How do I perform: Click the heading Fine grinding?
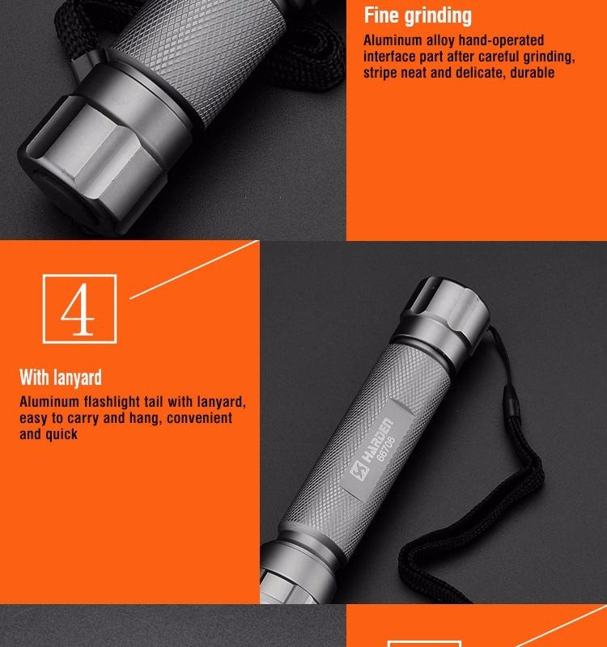pyautogui.click(x=418, y=16)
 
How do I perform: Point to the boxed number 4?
pyautogui.click(x=79, y=309)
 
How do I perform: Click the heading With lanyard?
pyautogui.click(x=61, y=377)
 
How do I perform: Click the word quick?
pyautogui.click(x=62, y=434)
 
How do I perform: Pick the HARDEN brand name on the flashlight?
pyautogui.click(x=376, y=439)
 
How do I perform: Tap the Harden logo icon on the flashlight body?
pyautogui.click(x=359, y=471)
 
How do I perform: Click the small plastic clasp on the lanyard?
pyautogui.click(x=510, y=402)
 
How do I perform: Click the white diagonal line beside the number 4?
pyautogui.click(x=194, y=269)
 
